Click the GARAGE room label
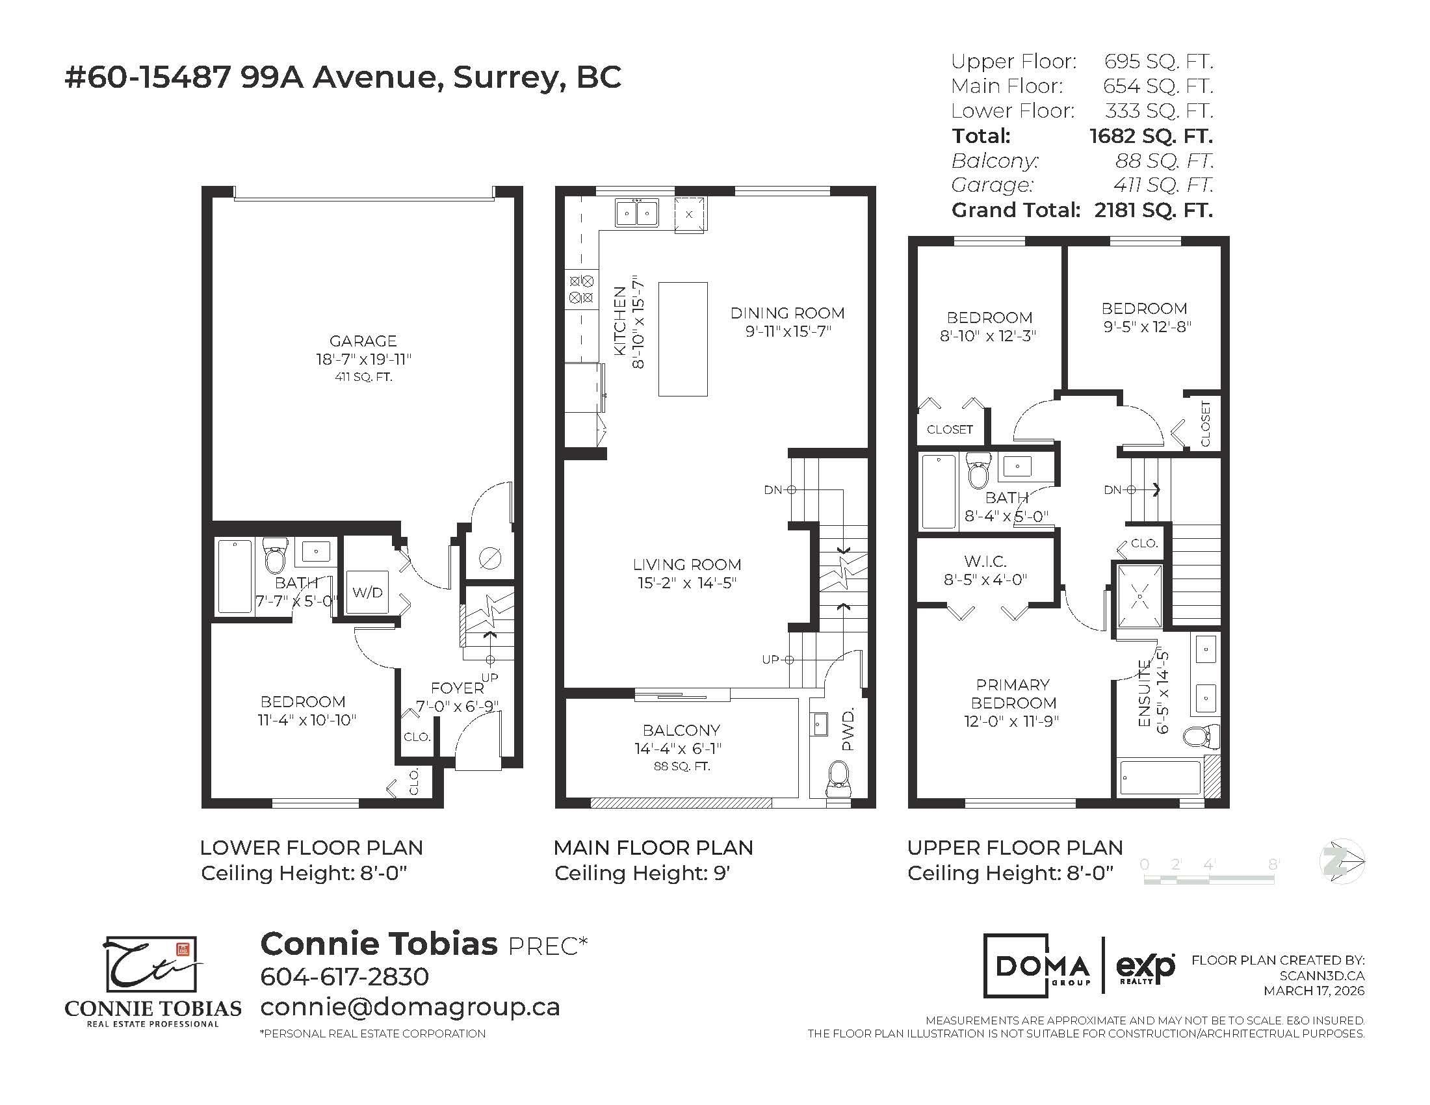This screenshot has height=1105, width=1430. pyautogui.click(x=363, y=341)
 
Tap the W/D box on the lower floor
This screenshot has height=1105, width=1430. pyautogui.click(x=367, y=592)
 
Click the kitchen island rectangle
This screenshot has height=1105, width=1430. pyautogui.click(x=682, y=339)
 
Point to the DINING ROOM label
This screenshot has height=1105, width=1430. pyautogui.click(x=787, y=313)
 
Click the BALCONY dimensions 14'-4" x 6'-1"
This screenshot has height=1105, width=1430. pyautogui.click(x=681, y=748)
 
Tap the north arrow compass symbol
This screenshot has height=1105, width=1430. pyautogui.click(x=1342, y=861)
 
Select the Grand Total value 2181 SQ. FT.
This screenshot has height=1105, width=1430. pyautogui.click(x=1153, y=211)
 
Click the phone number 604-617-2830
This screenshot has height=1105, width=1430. pyautogui.click(x=344, y=977)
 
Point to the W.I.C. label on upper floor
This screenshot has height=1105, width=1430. pyautogui.click(x=985, y=562)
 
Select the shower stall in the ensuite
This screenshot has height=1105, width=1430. pyautogui.click(x=1141, y=596)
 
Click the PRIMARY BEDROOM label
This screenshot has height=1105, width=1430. pyautogui.click(x=1013, y=694)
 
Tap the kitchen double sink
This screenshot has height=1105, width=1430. pyautogui.click(x=636, y=213)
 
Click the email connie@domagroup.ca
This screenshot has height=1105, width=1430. pyautogui.click(x=410, y=1007)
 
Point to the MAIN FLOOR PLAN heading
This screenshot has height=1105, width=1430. pyautogui.click(x=653, y=848)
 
